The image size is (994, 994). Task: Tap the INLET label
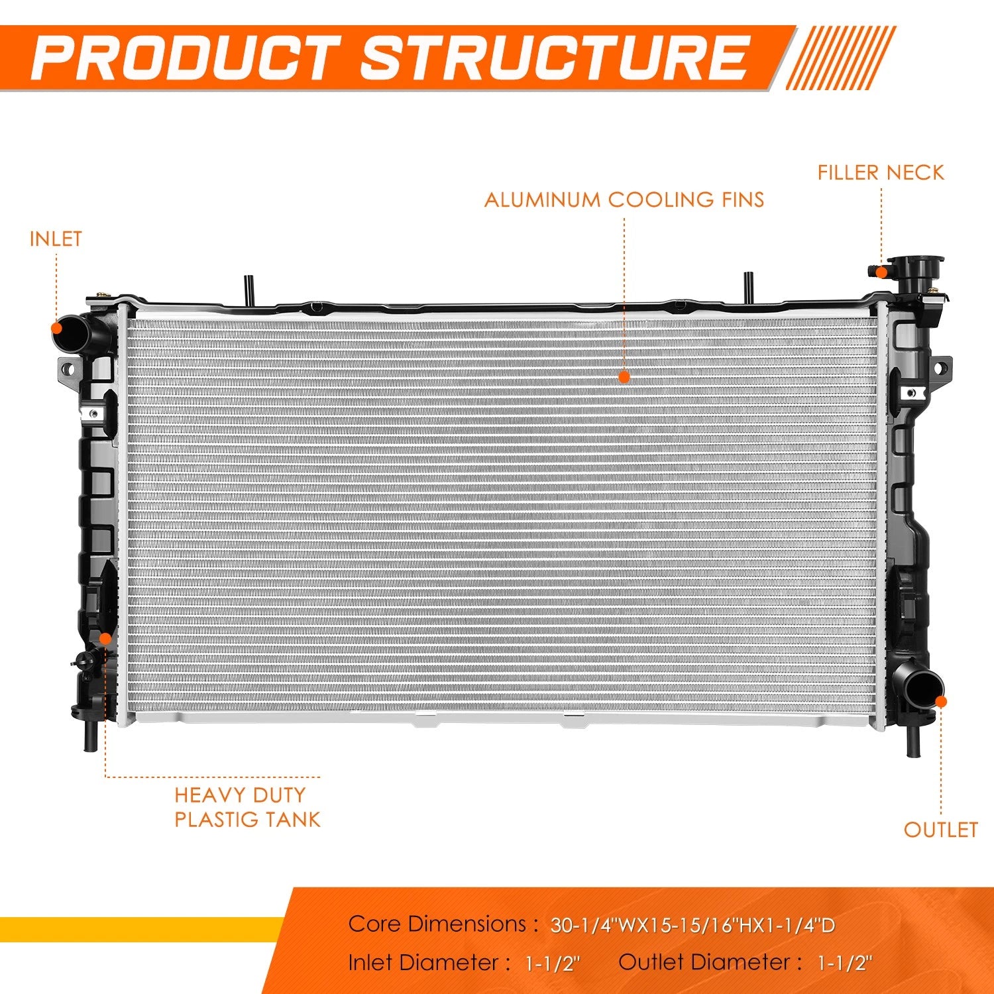tap(56, 239)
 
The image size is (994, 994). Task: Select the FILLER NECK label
tap(880, 173)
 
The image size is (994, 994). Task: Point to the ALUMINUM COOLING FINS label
tap(624, 199)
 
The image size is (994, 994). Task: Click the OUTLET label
tap(940, 830)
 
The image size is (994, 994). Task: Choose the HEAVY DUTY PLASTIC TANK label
tap(247, 807)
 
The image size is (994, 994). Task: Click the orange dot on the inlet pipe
tap(57, 327)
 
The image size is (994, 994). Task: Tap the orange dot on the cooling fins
tap(624, 377)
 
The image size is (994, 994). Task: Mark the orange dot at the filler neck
tap(881, 272)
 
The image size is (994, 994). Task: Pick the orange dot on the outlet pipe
tap(941, 702)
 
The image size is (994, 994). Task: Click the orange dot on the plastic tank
tap(105, 638)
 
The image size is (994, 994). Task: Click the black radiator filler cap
tap(916, 272)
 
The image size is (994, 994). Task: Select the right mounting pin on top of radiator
tap(748, 289)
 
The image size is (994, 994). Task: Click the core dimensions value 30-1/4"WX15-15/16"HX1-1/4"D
tap(692, 925)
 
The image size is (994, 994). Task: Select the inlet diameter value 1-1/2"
tap(552, 964)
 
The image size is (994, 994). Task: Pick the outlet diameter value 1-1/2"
tap(844, 964)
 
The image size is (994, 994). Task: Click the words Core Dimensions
tap(437, 924)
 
